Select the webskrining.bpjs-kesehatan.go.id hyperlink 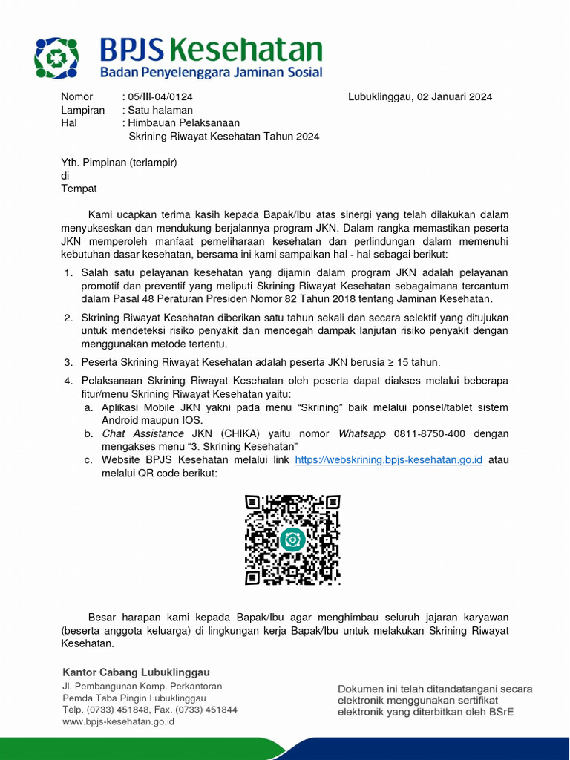pyautogui.click(x=388, y=459)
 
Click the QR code pyautogui.click(x=292, y=540)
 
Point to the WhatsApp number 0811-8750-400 pyautogui.click(x=420, y=433)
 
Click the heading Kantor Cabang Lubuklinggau pyautogui.click(x=136, y=672)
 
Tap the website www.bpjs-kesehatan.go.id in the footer pyautogui.click(x=118, y=721)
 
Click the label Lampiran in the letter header pyautogui.click(x=80, y=110)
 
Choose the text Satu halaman pyautogui.click(x=160, y=110)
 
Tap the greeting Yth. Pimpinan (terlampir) pyautogui.click(x=119, y=162)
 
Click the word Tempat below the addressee pyautogui.click(x=78, y=189)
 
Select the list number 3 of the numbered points pyautogui.click(x=67, y=362)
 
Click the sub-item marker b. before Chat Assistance pyautogui.click(x=88, y=433)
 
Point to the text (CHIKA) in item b pyautogui.click(x=237, y=433)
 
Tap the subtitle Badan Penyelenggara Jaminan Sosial pyautogui.click(x=212, y=72)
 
